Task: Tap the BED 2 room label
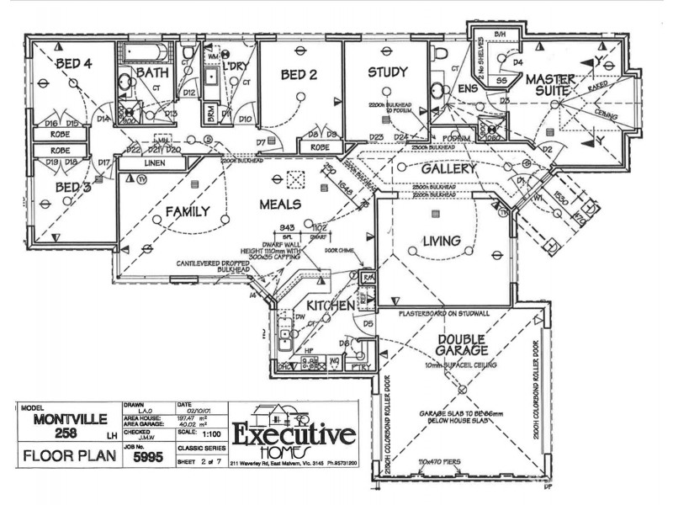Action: [x=299, y=76]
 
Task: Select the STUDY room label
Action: [x=387, y=72]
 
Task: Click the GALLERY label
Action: [x=437, y=169]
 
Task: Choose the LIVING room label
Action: [x=441, y=242]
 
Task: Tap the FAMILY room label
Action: [x=187, y=212]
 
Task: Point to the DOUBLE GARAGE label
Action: [x=462, y=346]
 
